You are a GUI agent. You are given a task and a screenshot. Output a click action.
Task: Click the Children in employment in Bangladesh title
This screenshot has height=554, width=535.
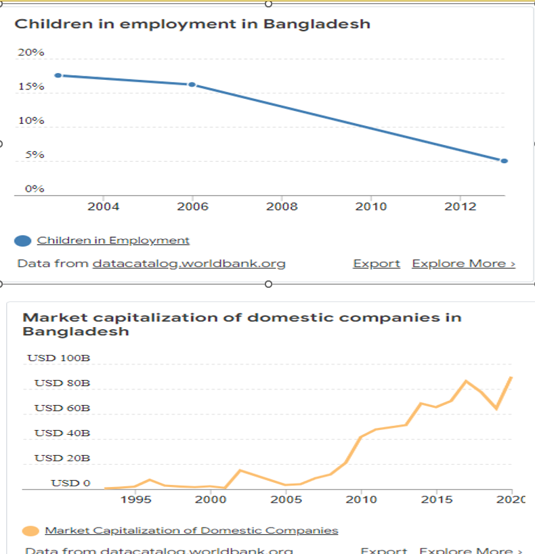pos(192,24)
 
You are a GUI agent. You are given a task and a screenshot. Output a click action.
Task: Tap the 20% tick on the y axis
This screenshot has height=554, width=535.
pos(31,52)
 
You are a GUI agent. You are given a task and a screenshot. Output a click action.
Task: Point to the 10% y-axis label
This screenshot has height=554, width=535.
pos(31,121)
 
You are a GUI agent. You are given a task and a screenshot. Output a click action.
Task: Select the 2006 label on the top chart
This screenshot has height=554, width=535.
pos(192,207)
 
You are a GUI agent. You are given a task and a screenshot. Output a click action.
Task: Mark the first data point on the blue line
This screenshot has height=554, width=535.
pos(58,75)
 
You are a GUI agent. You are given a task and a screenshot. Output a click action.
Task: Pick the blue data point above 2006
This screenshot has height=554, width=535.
pos(192,85)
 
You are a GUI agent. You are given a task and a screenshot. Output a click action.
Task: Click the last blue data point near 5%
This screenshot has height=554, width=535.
pos(504,161)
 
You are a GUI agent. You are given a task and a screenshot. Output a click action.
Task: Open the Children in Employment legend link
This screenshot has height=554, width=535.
pos(113,240)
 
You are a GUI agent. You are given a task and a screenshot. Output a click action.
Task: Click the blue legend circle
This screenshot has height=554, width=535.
pos(23,240)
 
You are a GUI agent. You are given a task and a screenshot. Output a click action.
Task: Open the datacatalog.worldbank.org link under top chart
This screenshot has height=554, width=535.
pos(188,263)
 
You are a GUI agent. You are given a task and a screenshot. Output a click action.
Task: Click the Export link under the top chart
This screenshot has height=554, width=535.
pos(377,263)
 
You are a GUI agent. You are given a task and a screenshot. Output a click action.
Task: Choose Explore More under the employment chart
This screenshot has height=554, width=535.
pos(463,263)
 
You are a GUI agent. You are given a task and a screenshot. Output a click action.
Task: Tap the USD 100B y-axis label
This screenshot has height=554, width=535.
pos(59,358)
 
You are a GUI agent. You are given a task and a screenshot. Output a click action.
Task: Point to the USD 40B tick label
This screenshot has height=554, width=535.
pos(62,433)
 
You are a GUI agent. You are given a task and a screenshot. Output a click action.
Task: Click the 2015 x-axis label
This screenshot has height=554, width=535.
pos(436,500)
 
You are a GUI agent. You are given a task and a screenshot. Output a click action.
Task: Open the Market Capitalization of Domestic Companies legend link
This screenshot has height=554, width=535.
pos(192,530)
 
